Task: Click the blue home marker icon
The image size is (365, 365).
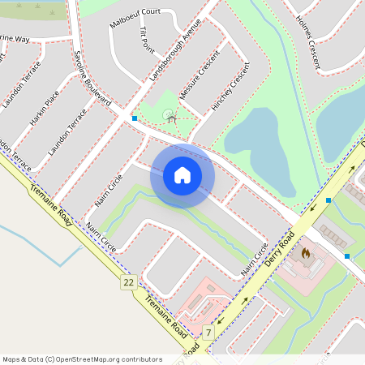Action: click(182, 175)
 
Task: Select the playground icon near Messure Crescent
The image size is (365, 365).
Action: click(171, 118)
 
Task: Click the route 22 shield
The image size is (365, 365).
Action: click(128, 282)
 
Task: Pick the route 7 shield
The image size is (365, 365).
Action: click(208, 333)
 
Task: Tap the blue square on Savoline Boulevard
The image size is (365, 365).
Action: click(135, 118)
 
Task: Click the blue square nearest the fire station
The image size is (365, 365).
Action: click(347, 256)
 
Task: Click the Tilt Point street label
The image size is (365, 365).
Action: click(147, 40)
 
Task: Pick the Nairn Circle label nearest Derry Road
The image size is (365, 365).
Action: click(253, 262)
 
